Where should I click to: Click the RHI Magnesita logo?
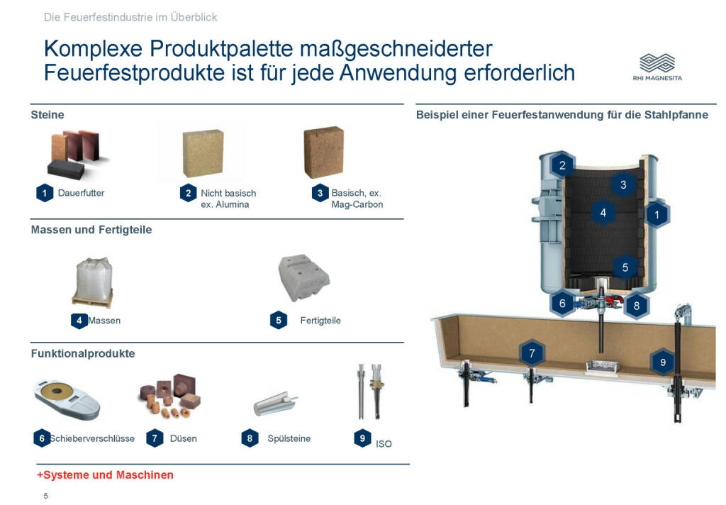pos(657,67)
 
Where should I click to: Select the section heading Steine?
pos(48,115)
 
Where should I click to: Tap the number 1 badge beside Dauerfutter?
pos(45,193)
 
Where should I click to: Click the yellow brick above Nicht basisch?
pos(203,153)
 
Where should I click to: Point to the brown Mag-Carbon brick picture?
pos(323,152)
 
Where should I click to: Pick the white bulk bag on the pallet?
pos(94,282)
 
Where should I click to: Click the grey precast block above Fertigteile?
pos(303,277)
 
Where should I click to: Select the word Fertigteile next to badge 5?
pos(320,321)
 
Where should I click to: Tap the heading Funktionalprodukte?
pos(83,353)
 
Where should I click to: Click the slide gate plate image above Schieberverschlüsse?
pos(67,399)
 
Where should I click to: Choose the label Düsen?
pos(184,438)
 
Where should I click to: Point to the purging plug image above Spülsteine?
pos(276,404)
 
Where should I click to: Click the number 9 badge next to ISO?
pos(362,438)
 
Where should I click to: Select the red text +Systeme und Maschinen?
pos(105,475)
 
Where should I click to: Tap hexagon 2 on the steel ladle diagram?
pos(562,165)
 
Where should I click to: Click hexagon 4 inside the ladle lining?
pos(603,213)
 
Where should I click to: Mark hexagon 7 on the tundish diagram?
pos(532,353)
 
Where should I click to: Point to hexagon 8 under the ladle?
pos(637,306)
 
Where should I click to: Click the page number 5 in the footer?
pos(46,496)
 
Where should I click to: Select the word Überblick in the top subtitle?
pos(194,17)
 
